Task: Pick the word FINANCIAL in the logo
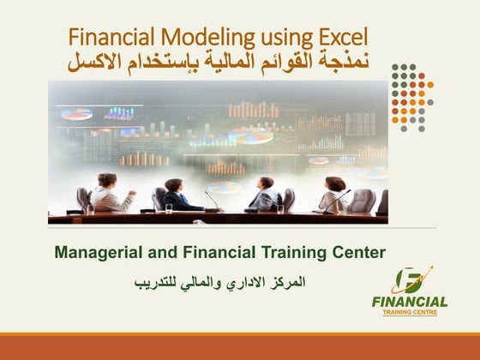pyautogui.click(x=409, y=302)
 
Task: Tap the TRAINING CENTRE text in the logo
pyautogui.click(x=409, y=313)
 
